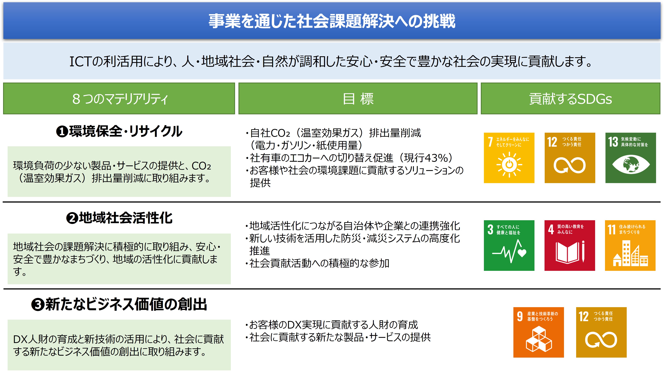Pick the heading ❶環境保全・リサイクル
click(x=119, y=131)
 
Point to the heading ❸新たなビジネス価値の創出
click(x=119, y=304)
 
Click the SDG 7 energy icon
click(x=509, y=158)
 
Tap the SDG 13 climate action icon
click(x=630, y=158)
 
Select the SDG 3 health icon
click(x=509, y=245)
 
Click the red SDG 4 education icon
click(x=570, y=245)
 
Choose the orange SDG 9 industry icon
click(x=539, y=332)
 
